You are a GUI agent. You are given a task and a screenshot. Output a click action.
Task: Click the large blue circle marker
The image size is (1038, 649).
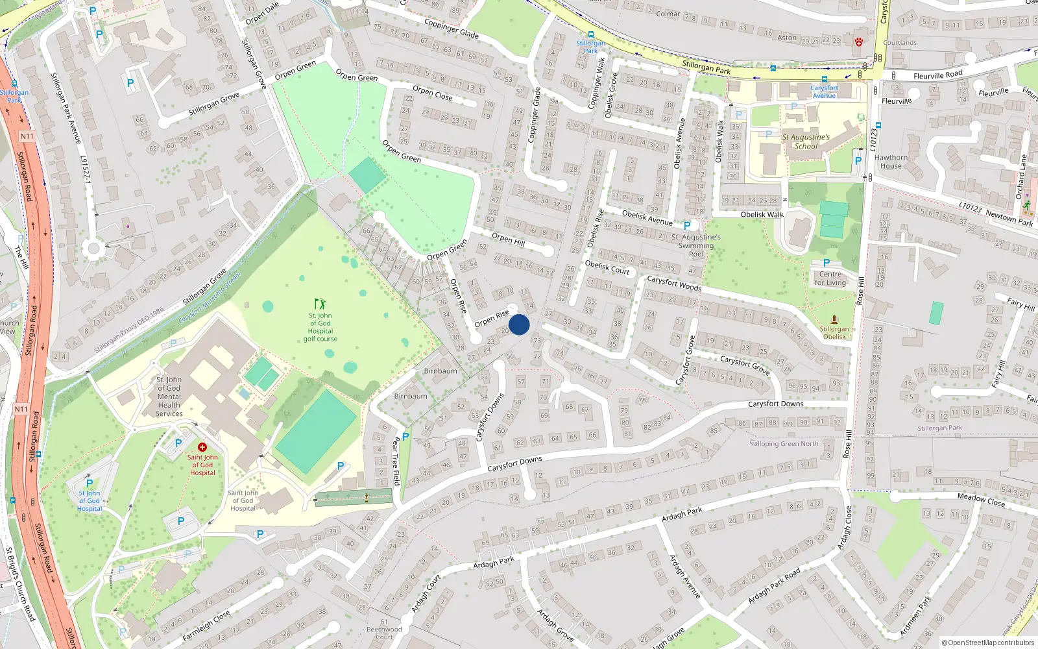click(x=519, y=324)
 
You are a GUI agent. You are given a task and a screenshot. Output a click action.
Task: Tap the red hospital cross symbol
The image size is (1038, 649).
click(x=202, y=447)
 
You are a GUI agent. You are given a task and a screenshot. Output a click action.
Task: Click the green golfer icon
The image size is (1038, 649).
click(x=320, y=304)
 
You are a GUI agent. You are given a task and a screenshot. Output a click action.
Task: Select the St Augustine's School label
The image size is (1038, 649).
click(x=806, y=141)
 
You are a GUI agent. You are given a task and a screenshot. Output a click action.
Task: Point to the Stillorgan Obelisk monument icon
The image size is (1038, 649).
click(x=834, y=319)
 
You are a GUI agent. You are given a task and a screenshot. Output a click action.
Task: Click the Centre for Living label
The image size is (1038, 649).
click(x=830, y=278)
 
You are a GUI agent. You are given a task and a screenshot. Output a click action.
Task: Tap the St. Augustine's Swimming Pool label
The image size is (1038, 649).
click(x=695, y=245)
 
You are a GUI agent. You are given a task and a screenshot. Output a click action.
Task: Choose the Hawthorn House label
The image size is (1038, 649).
click(x=891, y=162)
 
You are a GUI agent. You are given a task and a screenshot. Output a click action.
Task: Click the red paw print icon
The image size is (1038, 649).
click(x=858, y=42)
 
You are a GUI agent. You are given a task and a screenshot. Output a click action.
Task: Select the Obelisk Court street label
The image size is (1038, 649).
click(x=607, y=267)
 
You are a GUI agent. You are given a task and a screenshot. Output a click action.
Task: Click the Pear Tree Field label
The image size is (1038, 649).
click(x=396, y=461)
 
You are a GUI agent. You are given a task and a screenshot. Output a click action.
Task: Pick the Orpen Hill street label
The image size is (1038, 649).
click(x=508, y=239)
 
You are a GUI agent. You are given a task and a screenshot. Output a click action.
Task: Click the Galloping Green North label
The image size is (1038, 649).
click(x=784, y=444)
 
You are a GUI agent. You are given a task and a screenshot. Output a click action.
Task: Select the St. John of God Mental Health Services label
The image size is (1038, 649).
click(x=169, y=397)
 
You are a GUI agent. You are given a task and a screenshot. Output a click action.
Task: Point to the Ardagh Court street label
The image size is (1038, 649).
click(x=426, y=594)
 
